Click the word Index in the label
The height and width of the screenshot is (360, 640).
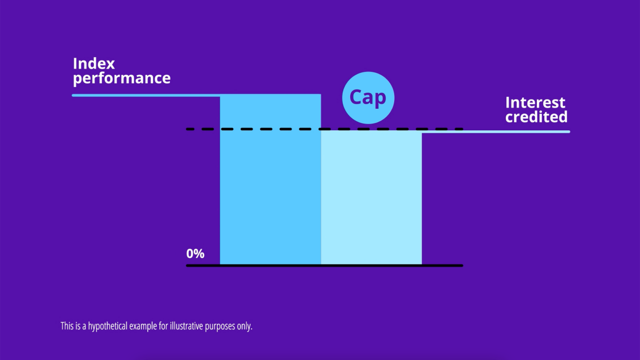(x=93, y=63)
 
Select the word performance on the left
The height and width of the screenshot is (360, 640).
(x=122, y=78)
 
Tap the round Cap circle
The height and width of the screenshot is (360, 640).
(x=368, y=98)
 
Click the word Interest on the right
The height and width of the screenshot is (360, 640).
(x=535, y=102)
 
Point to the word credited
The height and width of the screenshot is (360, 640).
(x=536, y=117)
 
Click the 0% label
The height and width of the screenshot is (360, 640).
(x=195, y=254)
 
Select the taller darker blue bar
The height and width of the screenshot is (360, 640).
(x=270, y=192)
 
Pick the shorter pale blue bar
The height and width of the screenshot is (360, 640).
(x=372, y=198)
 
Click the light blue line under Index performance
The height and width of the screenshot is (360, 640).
(x=142, y=95)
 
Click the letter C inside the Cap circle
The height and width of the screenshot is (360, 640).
(x=356, y=97)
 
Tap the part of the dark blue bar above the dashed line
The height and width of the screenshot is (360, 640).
(x=270, y=111)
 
